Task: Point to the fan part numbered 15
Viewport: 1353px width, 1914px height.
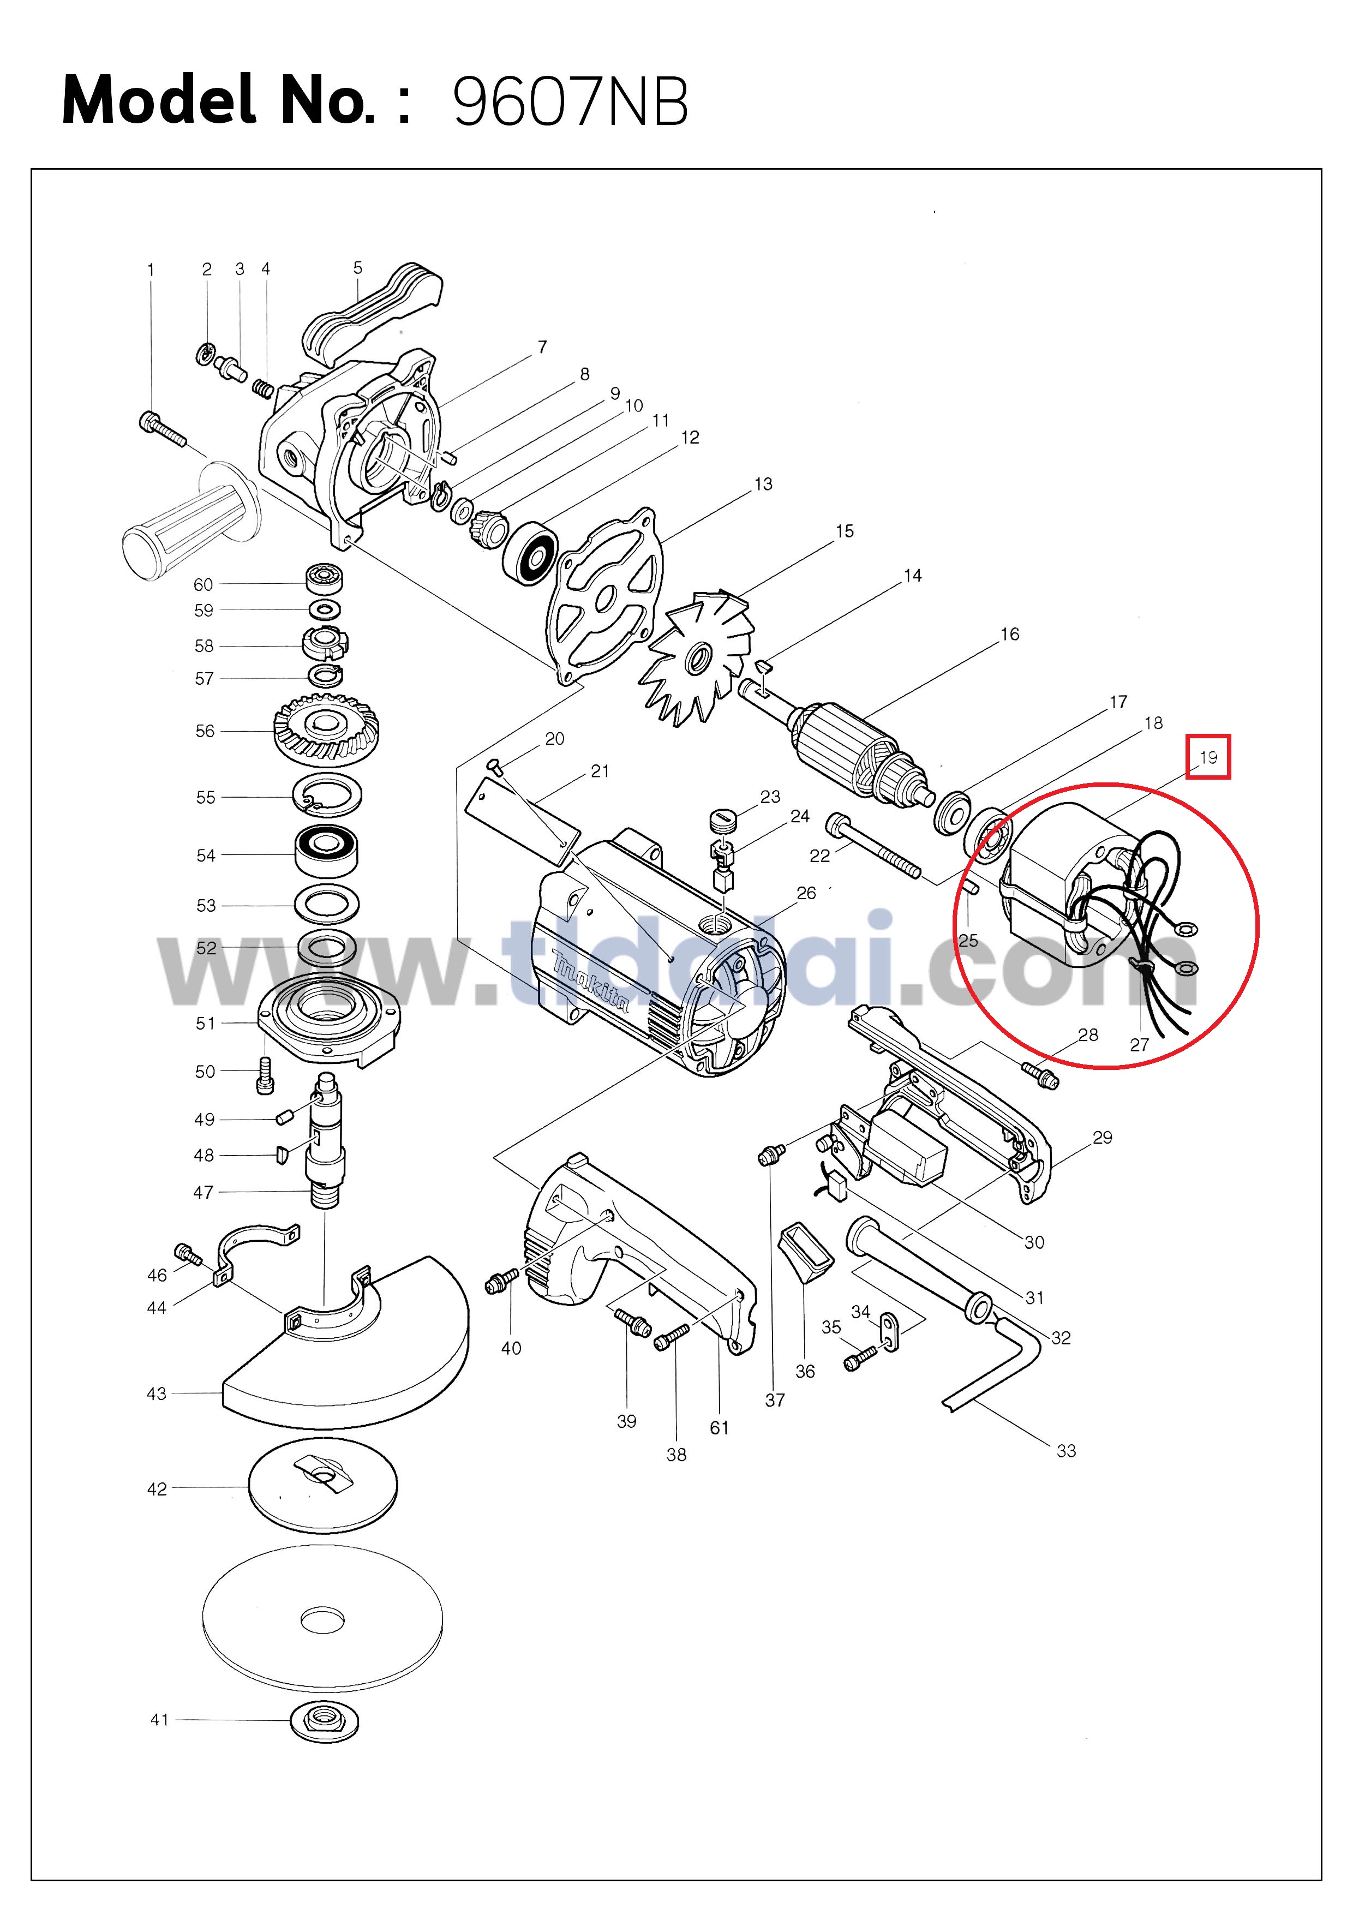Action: tap(696, 657)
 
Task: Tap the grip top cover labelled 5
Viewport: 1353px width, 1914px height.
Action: tap(372, 314)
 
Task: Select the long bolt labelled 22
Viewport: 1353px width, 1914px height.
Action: tap(873, 846)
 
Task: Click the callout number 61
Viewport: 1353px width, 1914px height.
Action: tap(720, 1428)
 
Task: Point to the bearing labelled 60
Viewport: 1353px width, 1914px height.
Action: tap(324, 576)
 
